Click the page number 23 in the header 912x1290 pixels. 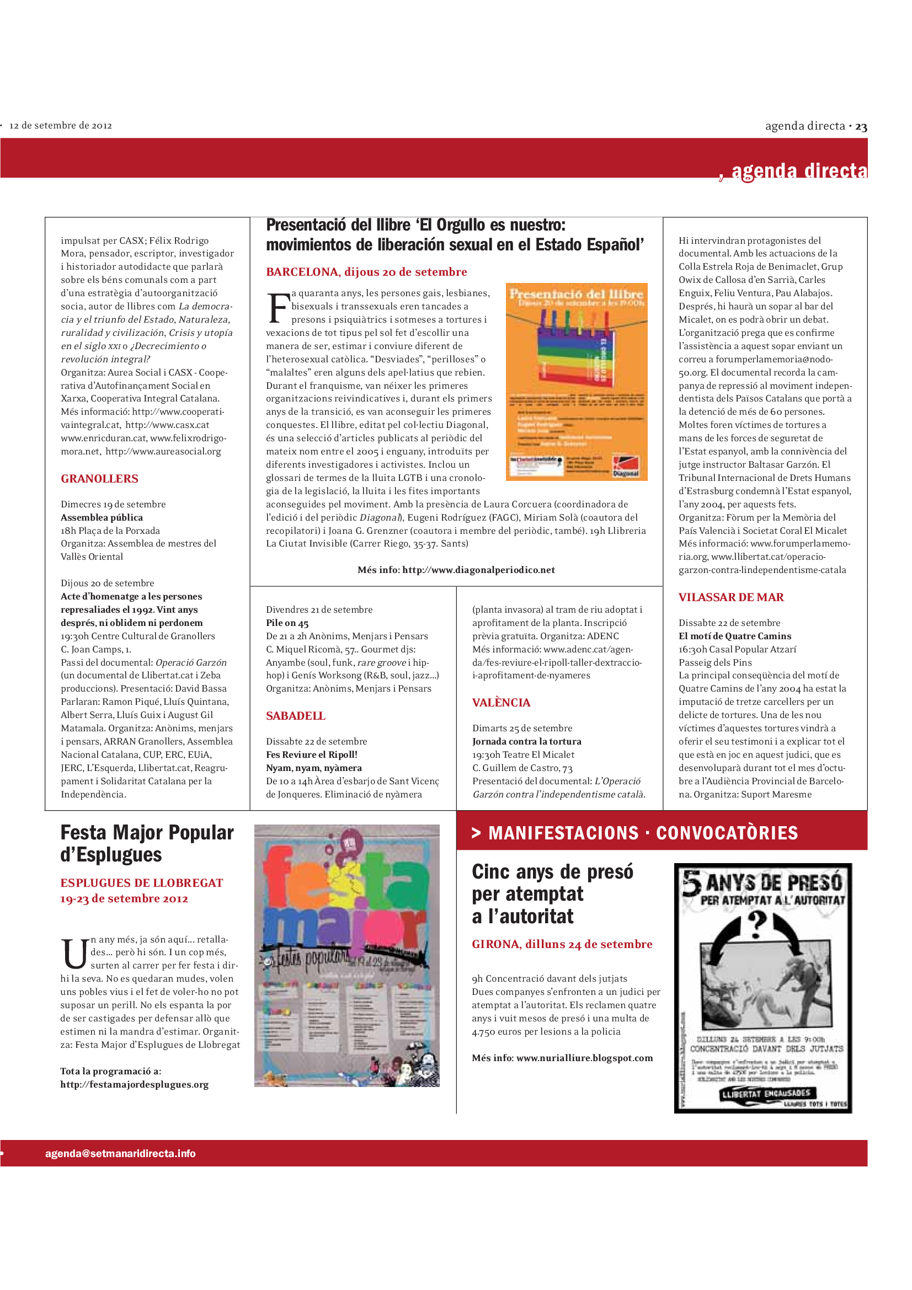tap(861, 127)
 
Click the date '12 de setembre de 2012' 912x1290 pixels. tap(61, 125)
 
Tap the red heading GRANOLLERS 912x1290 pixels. tap(99, 479)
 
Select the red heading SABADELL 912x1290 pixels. tap(296, 716)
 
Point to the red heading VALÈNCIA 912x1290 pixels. tap(500, 702)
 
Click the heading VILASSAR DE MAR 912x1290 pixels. tap(730, 597)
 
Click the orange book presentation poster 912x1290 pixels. tap(576, 382)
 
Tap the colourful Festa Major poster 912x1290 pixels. tap(346, 955)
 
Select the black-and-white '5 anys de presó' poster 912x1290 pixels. tap(762, 988)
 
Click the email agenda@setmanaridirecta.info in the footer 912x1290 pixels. tap(120, 1153)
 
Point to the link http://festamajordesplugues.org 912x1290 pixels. tap(134, 1084)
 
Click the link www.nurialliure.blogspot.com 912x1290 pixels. tap(584, 1058)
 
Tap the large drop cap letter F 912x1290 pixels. tap(278, 308)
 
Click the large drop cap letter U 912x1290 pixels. tap(73, 954)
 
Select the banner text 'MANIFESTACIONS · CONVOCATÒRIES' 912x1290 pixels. tap(643, 833)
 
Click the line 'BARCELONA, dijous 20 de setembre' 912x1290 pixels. tap(366, 272)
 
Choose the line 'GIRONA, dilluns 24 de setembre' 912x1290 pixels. tap(562, 944)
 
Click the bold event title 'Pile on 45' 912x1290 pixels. tap(287, 623)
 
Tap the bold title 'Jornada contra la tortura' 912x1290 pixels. tap(526, 742)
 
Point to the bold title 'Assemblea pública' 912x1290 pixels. tap(102, 517)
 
